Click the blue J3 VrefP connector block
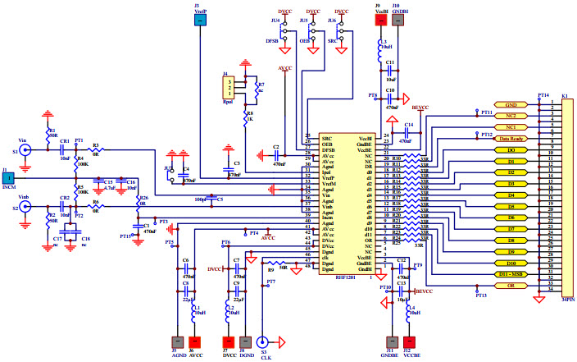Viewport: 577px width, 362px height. coord(199,19)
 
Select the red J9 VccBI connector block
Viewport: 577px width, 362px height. coord(381,19)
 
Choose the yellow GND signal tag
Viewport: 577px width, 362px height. coord(511,105)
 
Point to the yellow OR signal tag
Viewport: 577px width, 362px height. coord(511,285)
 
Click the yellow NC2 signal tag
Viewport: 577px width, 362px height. coord(511,117)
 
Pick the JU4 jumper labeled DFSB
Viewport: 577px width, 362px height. coord(284,30)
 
